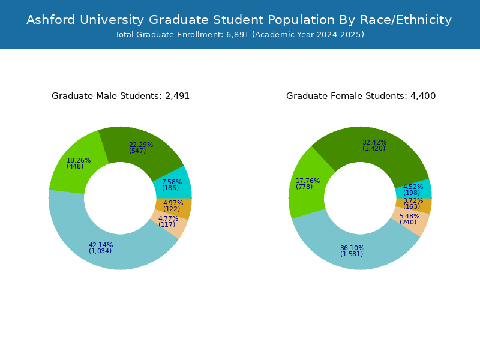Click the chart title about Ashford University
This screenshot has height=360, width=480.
point(239,20)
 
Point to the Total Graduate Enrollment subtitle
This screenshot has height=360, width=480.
point(239,35)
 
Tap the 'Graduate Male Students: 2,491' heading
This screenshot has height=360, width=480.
point(121,96)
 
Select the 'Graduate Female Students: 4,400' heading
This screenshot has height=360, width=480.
point(361,96)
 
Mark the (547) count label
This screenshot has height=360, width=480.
point(137,151)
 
